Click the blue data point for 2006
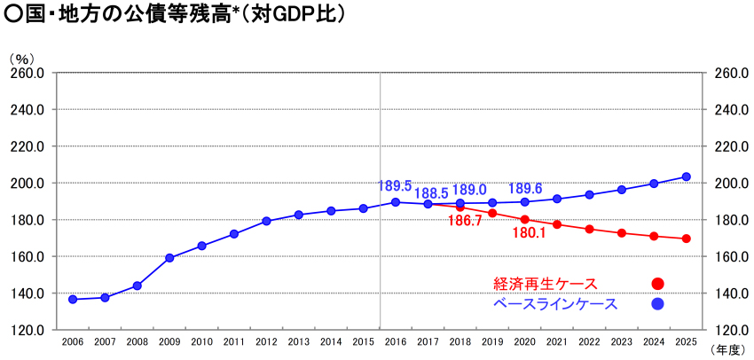pyautogui.click(x=73, y=300)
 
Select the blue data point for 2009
pyautogui.click(x=169, y=258)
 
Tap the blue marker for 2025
pyautogui.click(x=686, y=176)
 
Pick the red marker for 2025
pyautogui.click(x=686, y=239)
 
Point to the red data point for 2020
pyautogui.click(x=525, y=219)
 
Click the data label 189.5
pyautogui.click(x=395, y=186)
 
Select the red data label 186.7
pyautogui.click(x=466, y=221)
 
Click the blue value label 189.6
pyautogui.click(x=525, y=189)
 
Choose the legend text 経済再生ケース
pyautogui.click(x=546, y=284)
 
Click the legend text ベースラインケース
pyautogui.click(x=554, y=304)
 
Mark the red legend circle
pyautogui.click(x=657, y=284)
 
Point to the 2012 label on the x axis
pyautogui.click(x=266, y=341)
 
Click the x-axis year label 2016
pyautogui.click(x=396, y=341)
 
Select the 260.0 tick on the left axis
pyautogui.click(x=27, y=74)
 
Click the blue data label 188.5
pyautogui.click(x=431, y=192)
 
